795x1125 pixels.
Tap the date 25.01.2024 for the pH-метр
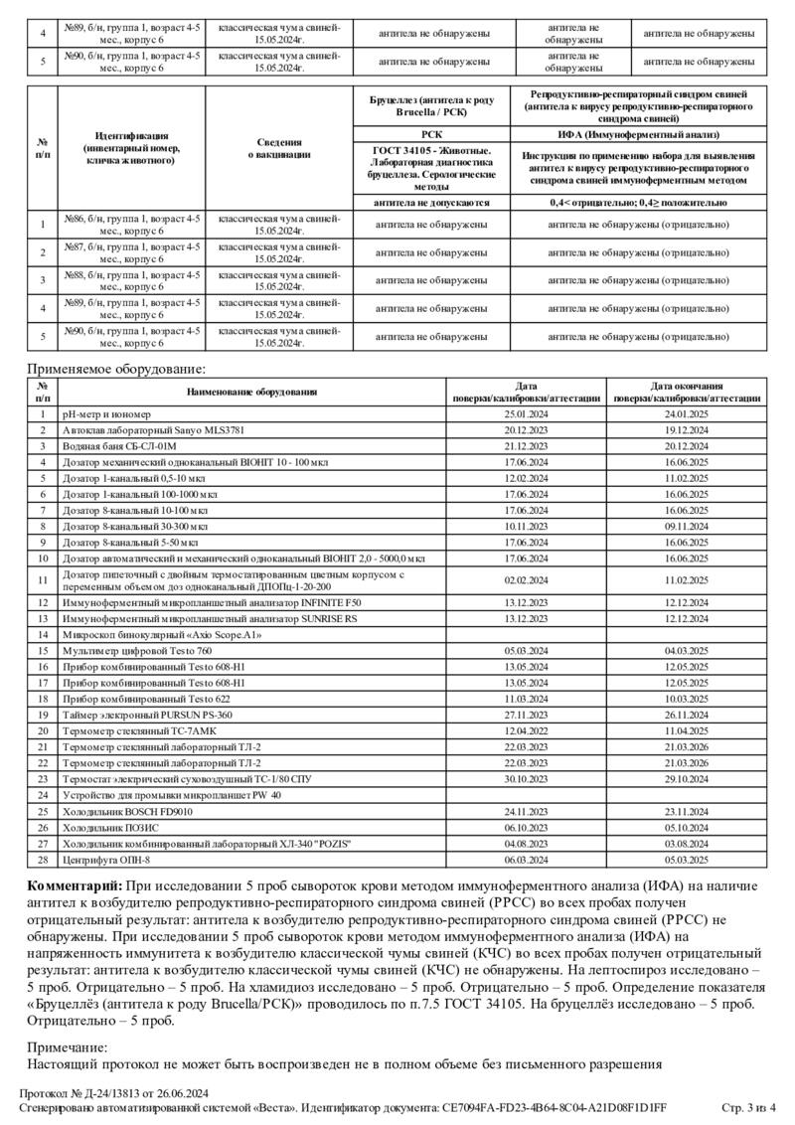(526, 413)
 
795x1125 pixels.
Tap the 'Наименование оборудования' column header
(252, 392)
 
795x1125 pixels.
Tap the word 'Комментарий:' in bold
(76, 885)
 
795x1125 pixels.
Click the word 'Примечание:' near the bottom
(68, 1046)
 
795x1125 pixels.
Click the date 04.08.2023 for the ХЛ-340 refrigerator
(526, 843)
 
